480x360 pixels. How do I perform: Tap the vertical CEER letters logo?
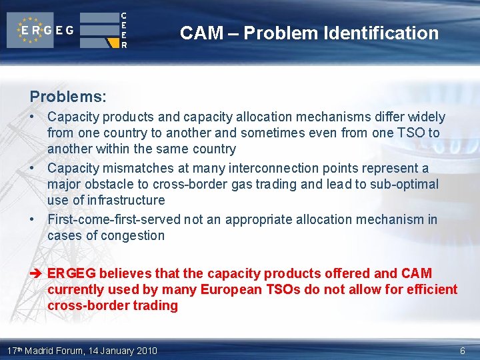coord(124,30)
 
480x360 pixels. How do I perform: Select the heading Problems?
coord(67,97)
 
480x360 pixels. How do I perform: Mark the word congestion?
coord(134,235)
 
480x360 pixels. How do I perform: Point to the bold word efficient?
coord(423,289)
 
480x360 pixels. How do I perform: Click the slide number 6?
coord(463,351)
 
